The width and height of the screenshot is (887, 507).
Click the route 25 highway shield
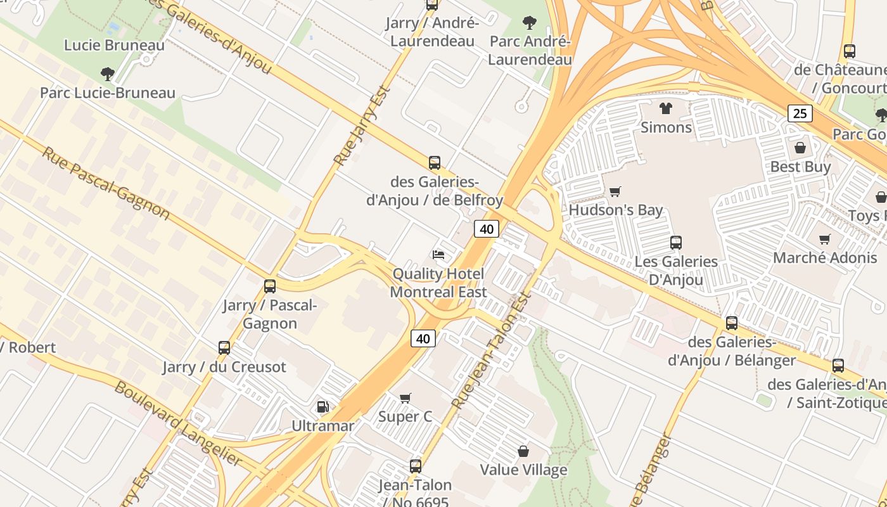pyautogui.click(x=800, y=113)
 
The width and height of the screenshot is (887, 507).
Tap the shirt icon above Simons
pyautogui.click(x=665, y=108)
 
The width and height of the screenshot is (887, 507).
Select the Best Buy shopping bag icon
pyautogui.click(x=800, y=148)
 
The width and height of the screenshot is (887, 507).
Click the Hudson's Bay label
pyautogui.click(x=616, y=210)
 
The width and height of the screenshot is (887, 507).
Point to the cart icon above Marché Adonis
pyautogui.click(x=824, y=239)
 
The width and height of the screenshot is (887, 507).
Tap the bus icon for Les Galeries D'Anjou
pyautogui.click(x=675, y=242)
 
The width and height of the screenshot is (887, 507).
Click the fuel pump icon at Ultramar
pyautogui.click(x=322, y=406)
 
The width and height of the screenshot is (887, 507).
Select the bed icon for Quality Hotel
pyautogui.click(x=438, y=255)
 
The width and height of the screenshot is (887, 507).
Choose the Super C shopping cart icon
pyautogui.click(x=405, y=398)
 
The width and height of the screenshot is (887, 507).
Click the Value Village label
pyautogui.click(x=523, y=470)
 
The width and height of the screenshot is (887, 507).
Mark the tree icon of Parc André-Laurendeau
pyautogui.click(x=529, y=23)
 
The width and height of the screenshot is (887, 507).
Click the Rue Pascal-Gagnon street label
pyautogui.click(x=106, y=184)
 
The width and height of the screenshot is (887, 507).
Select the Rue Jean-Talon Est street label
pyautogui.click(x=491, y=350)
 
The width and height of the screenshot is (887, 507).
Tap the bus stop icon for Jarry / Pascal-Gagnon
pyautogui.click(x=270, y=286)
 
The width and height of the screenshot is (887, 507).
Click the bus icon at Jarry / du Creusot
pyautogui.click(x=224, y=347)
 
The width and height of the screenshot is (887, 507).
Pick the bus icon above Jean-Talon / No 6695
pyautogui.click(x=415, y=466)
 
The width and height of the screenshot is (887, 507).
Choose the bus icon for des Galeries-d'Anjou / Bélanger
pyautogui.click(x=732, y=323)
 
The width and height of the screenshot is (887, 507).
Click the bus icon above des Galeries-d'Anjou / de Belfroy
pyautogui.click(x=434, y=163)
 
